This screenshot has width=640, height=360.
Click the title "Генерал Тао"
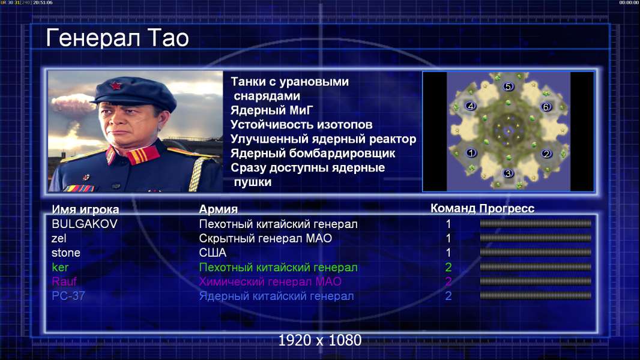coord(117,38)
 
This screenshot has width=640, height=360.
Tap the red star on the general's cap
coord(115,86)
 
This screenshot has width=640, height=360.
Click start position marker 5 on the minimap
coord(508,86)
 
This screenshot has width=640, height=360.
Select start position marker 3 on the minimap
coord(508,173)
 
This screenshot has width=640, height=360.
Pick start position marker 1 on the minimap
coord(471,153)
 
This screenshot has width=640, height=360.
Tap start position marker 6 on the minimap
coord(546,107)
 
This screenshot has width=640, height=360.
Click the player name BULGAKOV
coord(85,224)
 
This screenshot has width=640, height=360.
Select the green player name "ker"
coord(60,268)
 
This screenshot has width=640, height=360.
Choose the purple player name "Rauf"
coord(64,282)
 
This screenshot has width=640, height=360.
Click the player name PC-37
coord(68,296)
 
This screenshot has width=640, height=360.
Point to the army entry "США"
coord(213,253)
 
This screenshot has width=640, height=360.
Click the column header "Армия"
coord(219,209)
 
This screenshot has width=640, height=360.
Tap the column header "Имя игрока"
coord(85,209)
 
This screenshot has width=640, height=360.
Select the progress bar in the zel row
coord(536,238)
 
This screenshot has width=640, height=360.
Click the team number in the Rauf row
coord(448,282)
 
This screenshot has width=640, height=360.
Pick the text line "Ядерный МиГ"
coord(272,110)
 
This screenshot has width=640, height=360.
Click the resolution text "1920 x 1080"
coord(319,340)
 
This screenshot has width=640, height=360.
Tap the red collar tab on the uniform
coord(142,155)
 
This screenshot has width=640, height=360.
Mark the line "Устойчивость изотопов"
coord(301,125)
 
